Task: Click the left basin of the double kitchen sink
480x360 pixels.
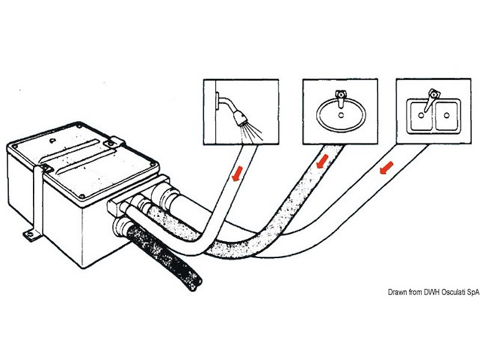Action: (x=419, y=114)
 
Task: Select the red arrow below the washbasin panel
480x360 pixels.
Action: (x=322, y=161)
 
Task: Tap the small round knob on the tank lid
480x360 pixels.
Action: (x=54, y=142)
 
